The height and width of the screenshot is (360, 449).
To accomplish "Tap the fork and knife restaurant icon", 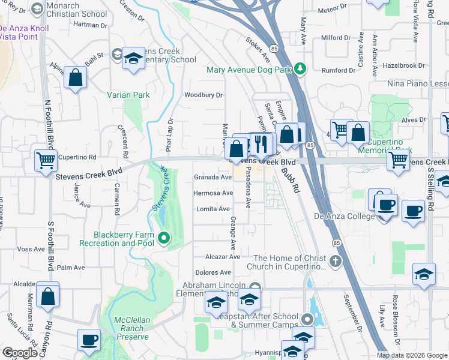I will point(261,143).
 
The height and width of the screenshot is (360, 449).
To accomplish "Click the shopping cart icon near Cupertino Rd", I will point(46,160).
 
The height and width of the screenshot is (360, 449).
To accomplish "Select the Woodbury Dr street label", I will point(203,95).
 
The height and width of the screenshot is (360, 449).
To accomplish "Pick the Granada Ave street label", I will point(212,178).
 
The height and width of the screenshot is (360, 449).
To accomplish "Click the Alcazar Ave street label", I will point(222,256).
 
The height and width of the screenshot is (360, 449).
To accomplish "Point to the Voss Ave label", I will point(28,249).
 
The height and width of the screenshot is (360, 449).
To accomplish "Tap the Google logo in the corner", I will point(20,353).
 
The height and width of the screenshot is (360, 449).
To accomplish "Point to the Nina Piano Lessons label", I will point(418,84).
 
